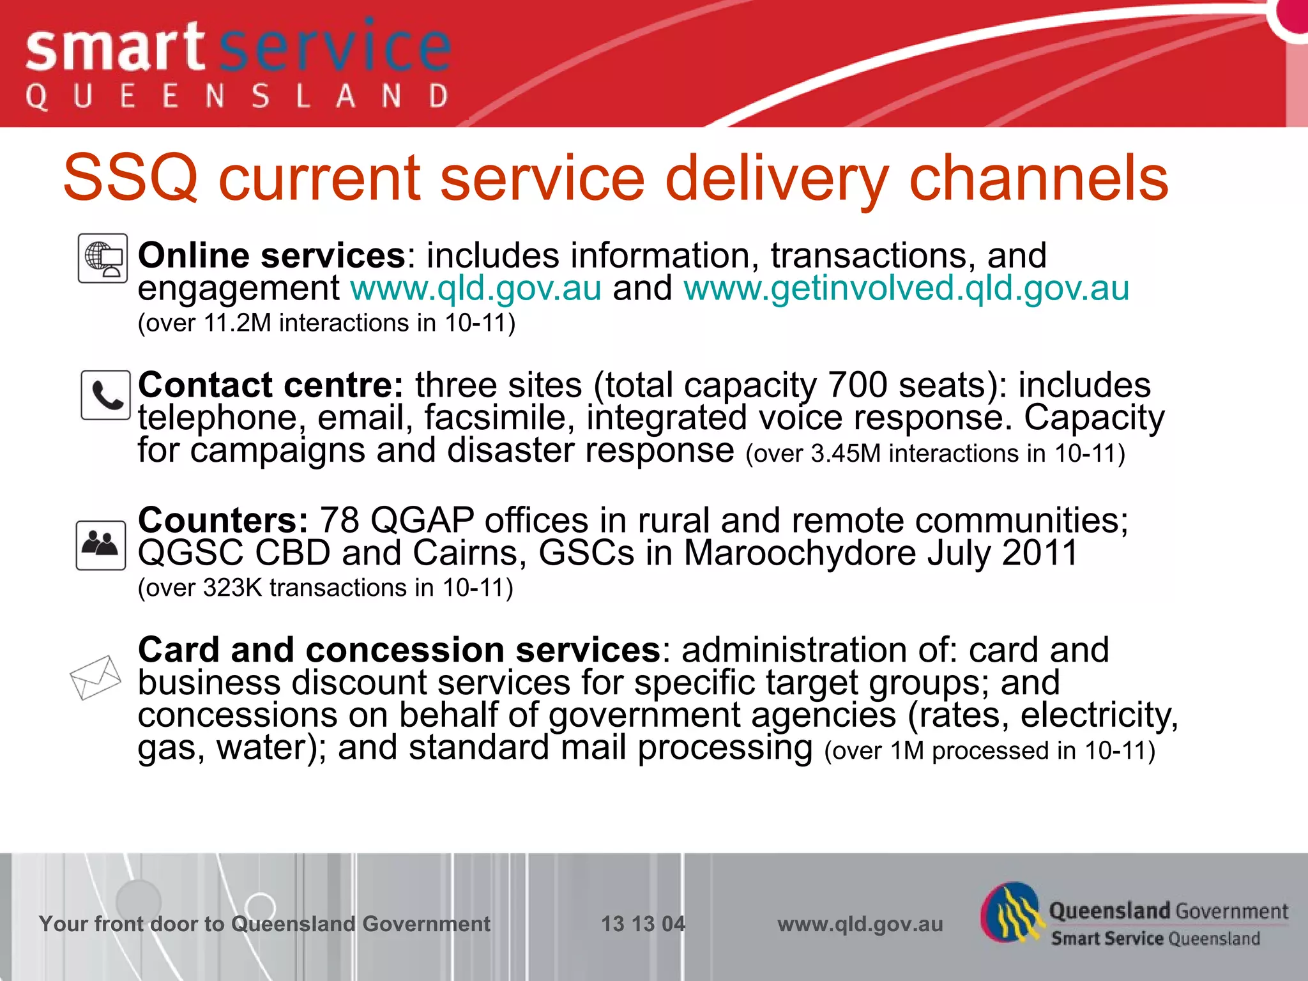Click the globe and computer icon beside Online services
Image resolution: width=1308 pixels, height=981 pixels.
coord(103,258)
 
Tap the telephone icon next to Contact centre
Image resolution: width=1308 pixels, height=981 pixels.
coord(105,395)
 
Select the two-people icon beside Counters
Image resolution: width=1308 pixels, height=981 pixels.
coord(100,545)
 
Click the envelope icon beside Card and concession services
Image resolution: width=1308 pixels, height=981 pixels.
coord(95,677)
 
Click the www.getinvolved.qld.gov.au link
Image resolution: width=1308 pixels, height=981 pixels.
coord(906,289)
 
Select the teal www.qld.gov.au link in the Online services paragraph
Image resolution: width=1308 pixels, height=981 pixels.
coord(476,289)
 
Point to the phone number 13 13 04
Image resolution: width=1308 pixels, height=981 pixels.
coord(643,924)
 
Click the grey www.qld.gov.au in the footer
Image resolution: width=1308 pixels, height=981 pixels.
coord(860,924)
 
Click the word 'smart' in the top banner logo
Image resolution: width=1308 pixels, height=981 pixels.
coord(115,48)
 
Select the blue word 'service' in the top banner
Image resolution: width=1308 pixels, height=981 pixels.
coord(335,48)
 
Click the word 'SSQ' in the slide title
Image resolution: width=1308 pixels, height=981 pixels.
coord(130,178)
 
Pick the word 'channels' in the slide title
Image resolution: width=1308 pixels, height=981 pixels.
coord(1038,178)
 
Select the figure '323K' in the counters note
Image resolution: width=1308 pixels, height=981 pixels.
coord(232,588)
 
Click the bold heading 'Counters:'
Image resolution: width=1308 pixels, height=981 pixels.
coord(223,520)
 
